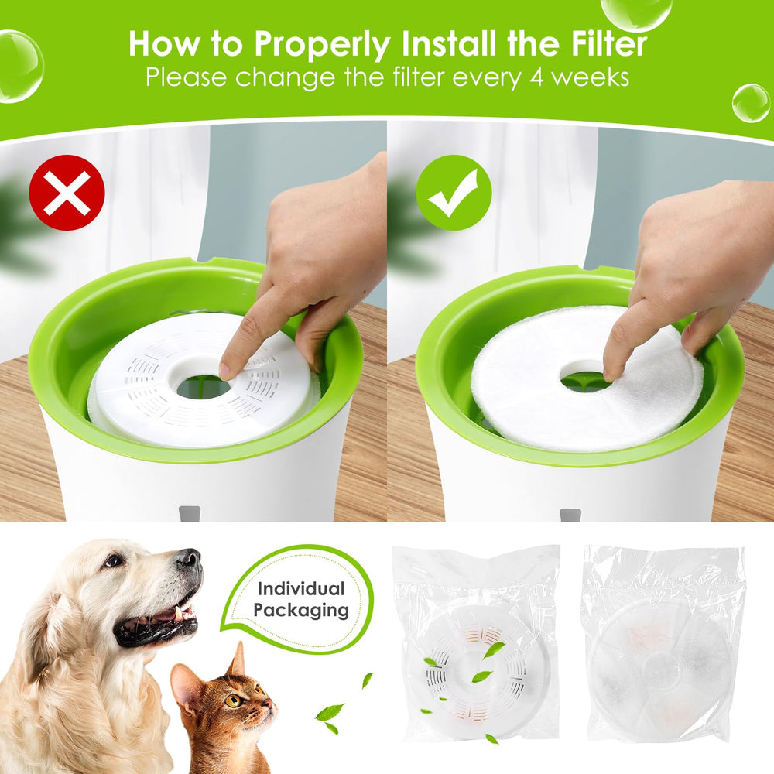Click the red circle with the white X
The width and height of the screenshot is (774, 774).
[67, 193]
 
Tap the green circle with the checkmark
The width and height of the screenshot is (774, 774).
[454, 193]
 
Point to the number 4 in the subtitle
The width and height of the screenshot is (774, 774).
[536, 78]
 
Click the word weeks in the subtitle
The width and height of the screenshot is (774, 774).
[590, 78]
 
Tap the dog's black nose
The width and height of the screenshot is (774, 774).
[189, 559]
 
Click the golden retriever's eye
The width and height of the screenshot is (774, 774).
[114, 560]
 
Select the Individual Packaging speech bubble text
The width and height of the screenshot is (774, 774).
[300, 599]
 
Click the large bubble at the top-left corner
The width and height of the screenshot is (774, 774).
[20, 67]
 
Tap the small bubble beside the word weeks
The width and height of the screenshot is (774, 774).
[751, 104]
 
